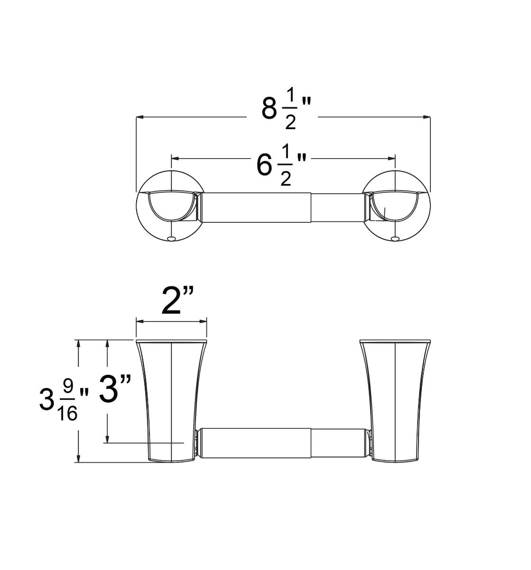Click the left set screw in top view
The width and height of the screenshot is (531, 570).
[x=171, y=237]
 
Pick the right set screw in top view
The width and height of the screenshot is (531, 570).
[x=395, y=237]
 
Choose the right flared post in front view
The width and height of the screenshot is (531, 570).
[x=395, y=399]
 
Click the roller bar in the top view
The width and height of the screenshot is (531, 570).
[x=283, y=207]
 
